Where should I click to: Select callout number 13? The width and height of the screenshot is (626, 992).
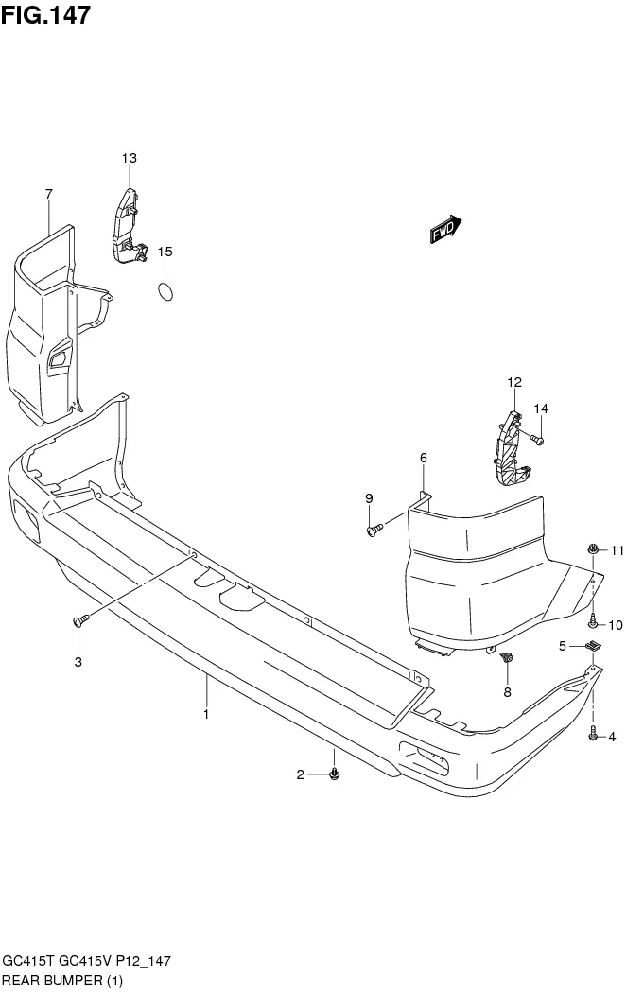(129, 157)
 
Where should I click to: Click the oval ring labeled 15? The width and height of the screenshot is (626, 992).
(165, 291)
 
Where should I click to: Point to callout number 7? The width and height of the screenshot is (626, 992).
(48, 195)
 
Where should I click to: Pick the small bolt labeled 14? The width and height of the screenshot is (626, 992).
(536, 439)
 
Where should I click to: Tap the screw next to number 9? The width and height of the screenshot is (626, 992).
(374, 530)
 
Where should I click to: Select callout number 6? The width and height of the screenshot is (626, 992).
(423, 458)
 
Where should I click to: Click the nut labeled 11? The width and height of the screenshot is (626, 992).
(592, 549)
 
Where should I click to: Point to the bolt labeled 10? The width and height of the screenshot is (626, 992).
(592, 621)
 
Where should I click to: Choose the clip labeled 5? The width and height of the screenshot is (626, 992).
(593, 647)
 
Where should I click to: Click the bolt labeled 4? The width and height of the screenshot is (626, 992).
(593, 735)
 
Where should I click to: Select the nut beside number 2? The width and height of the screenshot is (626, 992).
(334, 774)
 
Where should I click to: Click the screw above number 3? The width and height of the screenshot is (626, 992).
(78, 620)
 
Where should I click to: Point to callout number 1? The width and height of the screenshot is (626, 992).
(205, 715)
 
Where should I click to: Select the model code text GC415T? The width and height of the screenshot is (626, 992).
(25, 961)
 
